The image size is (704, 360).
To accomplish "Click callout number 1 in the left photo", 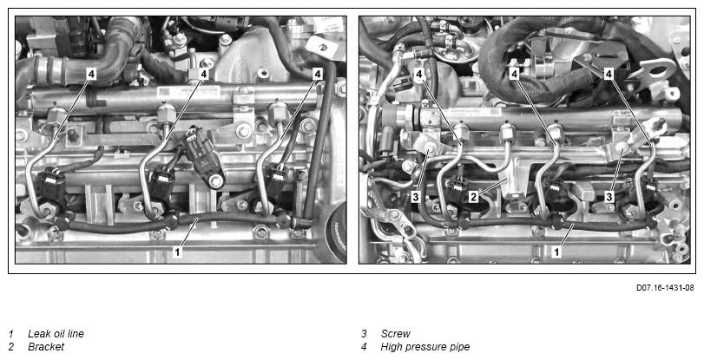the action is coord(177,252).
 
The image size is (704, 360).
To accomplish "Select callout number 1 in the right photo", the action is coord(556,252).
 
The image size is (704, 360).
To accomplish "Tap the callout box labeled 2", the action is coord(473,197).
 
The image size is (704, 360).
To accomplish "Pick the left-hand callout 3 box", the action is coord(416,197).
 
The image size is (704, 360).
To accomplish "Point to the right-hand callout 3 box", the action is coord(609,196).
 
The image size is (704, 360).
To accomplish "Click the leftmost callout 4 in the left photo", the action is coord(92,74).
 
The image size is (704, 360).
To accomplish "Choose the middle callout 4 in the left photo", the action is coord(204,74).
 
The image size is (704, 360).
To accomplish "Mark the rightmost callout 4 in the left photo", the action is coord(318,74).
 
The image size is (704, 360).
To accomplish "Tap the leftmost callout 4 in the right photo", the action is coord(419,74).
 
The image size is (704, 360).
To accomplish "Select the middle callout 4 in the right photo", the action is coord(515,74).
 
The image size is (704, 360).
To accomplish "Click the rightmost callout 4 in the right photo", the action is coord(609,74).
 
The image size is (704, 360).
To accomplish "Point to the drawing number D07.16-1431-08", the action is coord(665,288).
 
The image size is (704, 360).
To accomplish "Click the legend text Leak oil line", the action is coord(56,333).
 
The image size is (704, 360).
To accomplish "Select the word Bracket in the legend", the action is coord(46,346).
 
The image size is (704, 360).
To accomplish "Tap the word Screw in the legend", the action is coord(395,333).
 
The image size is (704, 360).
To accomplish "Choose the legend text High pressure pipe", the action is coord(425,346).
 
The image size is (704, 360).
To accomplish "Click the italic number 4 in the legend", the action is coord(364,346).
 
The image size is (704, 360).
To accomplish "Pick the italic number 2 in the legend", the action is coord(11,346).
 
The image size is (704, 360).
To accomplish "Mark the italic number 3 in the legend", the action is coord(364,333).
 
